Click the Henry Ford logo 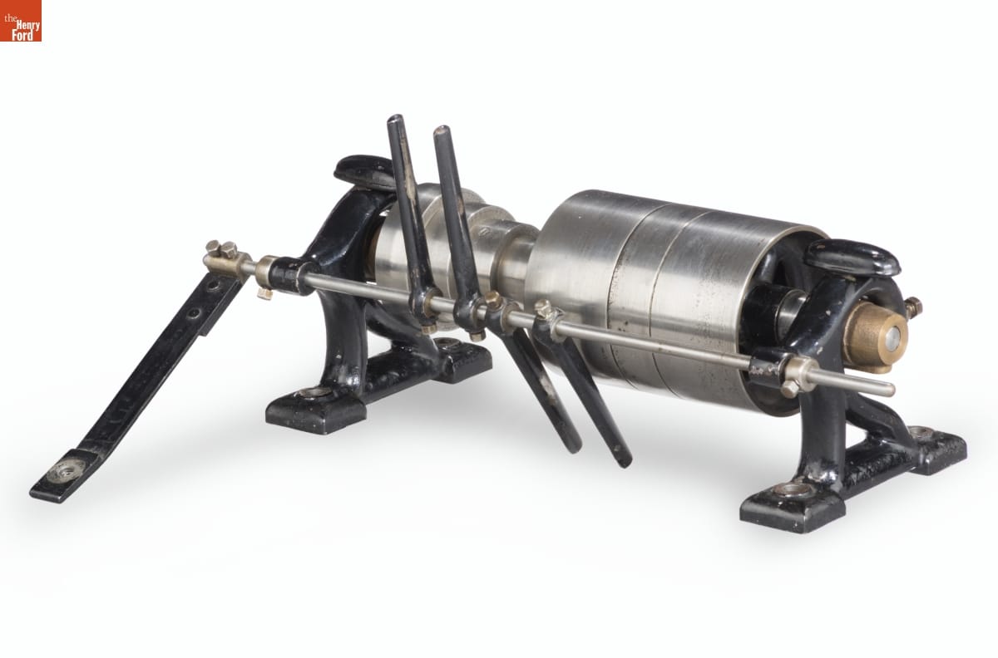tap(21, 21)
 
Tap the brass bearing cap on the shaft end tap(877, 336)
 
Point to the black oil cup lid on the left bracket tap(363, 171)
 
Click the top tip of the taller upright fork tap(396, 120)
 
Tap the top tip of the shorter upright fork tap(442, 130)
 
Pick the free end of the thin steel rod tap(890, 390)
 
